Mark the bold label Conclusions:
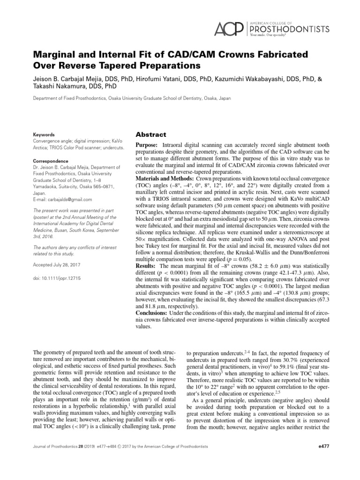pyautogui.click(x=152, y=313)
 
